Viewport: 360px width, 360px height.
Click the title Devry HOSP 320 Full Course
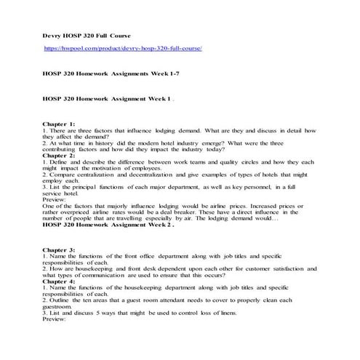(84, 34)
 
